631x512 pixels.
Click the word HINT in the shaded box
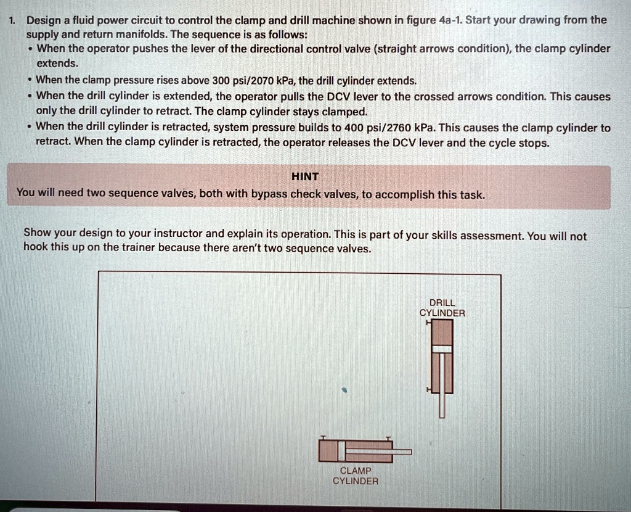(306, 176)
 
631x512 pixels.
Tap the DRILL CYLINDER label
(442, 308)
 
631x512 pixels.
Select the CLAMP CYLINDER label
(355, 476)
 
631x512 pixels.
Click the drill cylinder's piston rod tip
(442, 415)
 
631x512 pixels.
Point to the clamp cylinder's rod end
(408, 452)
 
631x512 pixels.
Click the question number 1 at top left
(11, 20)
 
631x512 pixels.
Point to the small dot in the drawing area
(345, 390)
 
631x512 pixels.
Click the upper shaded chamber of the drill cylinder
(442, 334)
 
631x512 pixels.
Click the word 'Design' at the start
(40, 20)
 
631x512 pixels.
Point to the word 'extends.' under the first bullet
(53, 64)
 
